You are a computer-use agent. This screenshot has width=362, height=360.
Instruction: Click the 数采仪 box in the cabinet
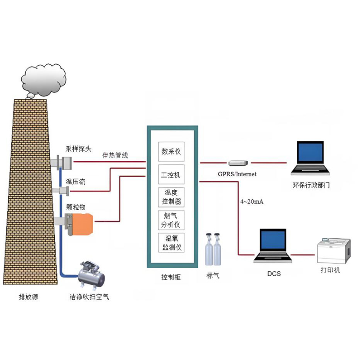click(171, 152)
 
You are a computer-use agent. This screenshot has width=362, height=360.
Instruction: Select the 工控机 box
click(171, 174)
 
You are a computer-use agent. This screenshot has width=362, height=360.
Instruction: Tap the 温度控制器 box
click(171, 197)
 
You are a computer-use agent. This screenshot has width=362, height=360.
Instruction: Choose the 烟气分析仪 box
click(171, 220)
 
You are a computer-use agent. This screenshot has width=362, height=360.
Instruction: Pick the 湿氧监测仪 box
click(171, 243)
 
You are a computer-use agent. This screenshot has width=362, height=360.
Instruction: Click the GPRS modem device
click(238, 163)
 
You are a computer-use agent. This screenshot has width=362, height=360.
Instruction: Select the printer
click(334, 251)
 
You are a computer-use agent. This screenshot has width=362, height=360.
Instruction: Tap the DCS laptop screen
click(273, 240)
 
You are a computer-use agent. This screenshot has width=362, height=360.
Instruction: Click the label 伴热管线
click(115, 155)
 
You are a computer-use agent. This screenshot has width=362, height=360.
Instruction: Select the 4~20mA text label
click(252, 202)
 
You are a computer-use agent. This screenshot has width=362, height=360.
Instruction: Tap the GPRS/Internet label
click(237, 174)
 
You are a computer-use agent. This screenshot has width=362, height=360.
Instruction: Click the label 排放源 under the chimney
click(29, 297)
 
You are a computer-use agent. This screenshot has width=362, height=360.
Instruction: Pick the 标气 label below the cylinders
click(213, 275)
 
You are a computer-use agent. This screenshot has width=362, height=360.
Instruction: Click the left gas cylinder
click(209, 250)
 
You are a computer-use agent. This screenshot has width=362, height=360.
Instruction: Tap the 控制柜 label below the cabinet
click(171, 277)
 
